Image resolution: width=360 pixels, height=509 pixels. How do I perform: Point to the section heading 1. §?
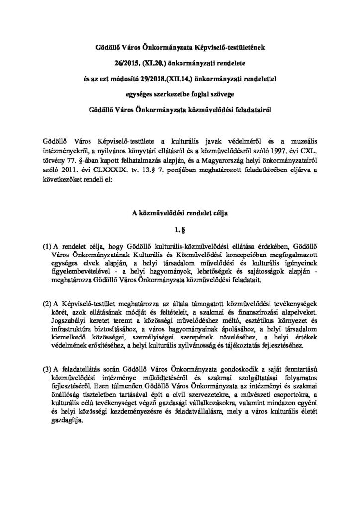180,230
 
